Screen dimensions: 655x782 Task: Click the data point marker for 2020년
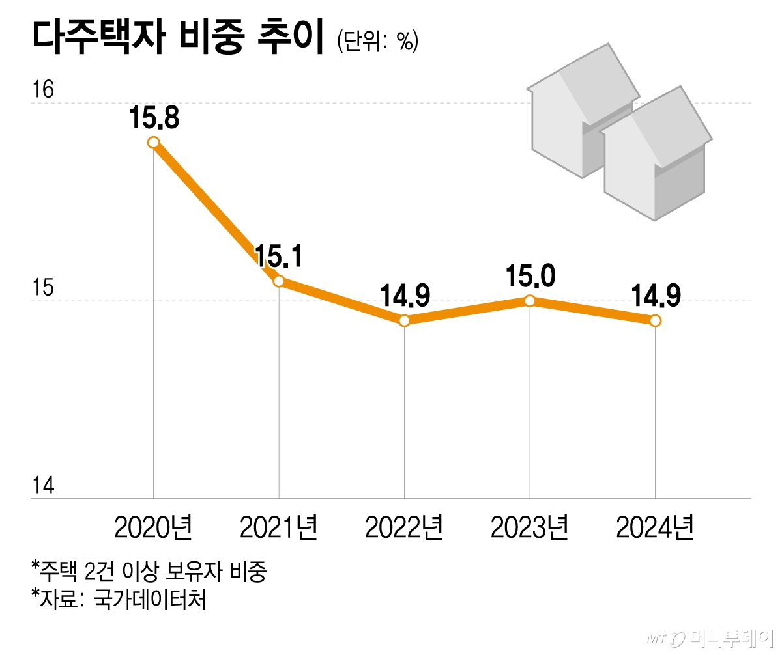coord(153,143)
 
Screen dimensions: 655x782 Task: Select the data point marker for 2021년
coord(279,281)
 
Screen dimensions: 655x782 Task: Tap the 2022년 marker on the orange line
coord(404,320)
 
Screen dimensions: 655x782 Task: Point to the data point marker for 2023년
coord(530,301)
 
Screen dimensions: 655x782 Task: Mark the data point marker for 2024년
coord(656,320)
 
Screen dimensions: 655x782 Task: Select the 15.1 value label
coord(279,257)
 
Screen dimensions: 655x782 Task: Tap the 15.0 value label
coord(530,277)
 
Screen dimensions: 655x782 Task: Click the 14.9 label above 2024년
coord(656,296)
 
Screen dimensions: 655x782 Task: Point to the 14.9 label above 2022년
coord(404,296)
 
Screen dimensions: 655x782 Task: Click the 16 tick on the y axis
coord(43,91)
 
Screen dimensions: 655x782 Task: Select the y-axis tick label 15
coord(43,288)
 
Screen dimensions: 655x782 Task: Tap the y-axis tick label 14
coord(43,486)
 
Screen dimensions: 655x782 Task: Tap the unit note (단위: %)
coord(377,42)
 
